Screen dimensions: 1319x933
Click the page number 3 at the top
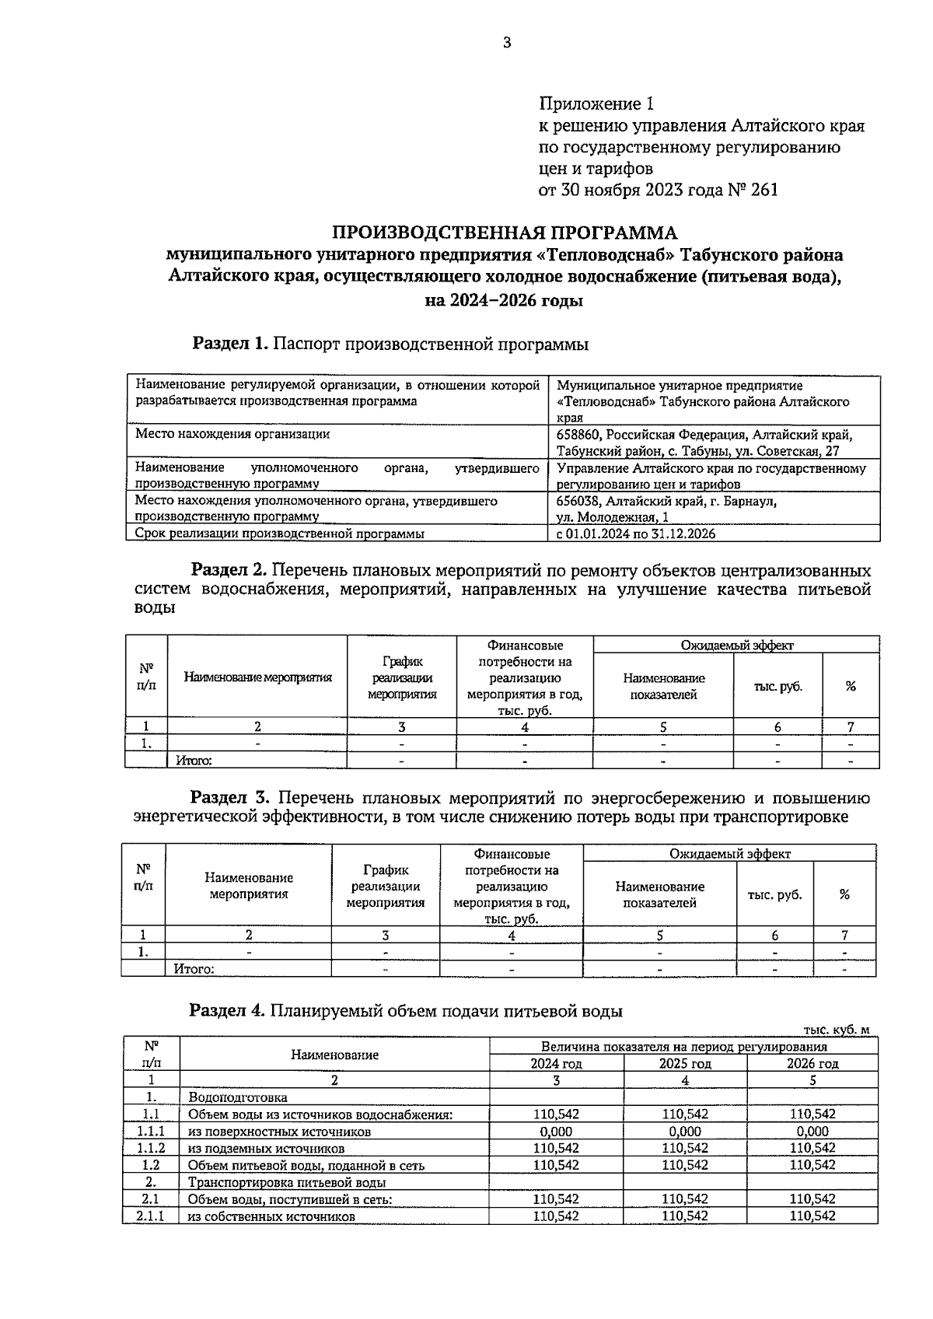click(506, 44)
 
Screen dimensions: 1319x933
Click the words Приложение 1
click(597, 103)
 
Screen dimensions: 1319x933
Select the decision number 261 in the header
click(764, 190)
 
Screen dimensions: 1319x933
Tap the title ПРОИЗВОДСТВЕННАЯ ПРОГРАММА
click(505, 233)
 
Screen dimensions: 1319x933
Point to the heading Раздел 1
click(230, 343)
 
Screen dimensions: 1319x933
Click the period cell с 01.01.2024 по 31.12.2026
click(637, 534)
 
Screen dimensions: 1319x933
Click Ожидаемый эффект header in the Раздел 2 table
click(736, 645)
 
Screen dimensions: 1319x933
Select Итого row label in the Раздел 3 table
click(194, 969)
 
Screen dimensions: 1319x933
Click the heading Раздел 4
click(228, 1011)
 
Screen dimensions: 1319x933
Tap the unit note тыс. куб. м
click(837, 1030)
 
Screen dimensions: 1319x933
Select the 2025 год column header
click(685, 1063)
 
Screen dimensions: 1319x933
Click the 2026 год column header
click(812, 1063)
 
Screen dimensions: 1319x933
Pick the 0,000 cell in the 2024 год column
click(556, 1132)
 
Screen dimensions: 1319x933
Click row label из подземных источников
click(266, 1149)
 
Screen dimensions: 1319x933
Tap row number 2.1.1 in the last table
click(151, 1216)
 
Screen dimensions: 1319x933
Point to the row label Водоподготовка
click(237, 1097)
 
